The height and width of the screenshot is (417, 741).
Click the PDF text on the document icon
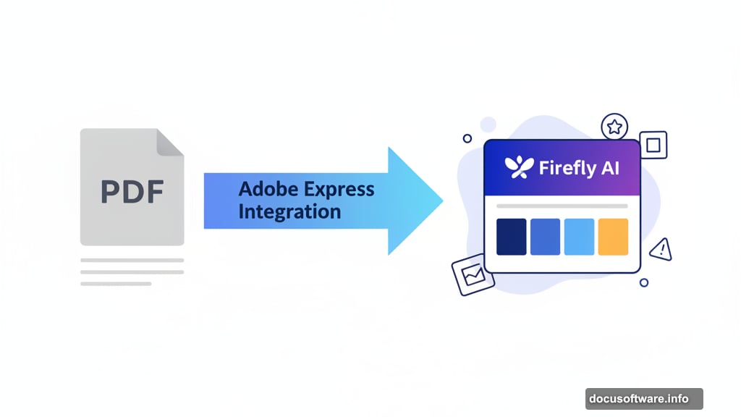pos(132,191)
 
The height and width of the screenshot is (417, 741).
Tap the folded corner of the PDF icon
pos(171,142)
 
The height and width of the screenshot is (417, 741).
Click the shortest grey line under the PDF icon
pos(116,284)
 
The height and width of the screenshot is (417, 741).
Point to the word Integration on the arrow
pos(289,212)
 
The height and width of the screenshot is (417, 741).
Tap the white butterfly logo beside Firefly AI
pos(519,167)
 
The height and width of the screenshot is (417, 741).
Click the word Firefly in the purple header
pos(566,168)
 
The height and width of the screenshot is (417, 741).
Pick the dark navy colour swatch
pos(511,237)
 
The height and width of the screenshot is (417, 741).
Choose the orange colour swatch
pos(613,237)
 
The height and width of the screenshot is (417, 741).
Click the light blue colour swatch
pos(579,237)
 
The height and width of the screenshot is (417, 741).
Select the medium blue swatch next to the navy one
pos(545,237)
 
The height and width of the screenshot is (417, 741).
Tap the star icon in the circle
pos(614,127)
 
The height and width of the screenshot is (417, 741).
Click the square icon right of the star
pos(653,145)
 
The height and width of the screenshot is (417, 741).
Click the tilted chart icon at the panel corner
pos(467,276)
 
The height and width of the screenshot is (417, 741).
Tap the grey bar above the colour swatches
pos(562,206)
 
